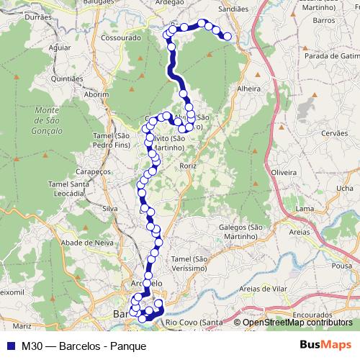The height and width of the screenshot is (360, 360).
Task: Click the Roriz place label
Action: (189, 165)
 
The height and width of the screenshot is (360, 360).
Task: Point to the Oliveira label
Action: (283, 173)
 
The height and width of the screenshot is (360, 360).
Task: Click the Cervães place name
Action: (333, 133)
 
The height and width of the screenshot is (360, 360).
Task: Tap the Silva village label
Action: (109, 208)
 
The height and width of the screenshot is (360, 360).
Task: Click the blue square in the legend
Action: (12, 346)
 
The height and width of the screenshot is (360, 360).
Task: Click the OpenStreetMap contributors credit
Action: (297, 323)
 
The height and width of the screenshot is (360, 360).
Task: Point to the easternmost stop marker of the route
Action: (228, 36)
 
